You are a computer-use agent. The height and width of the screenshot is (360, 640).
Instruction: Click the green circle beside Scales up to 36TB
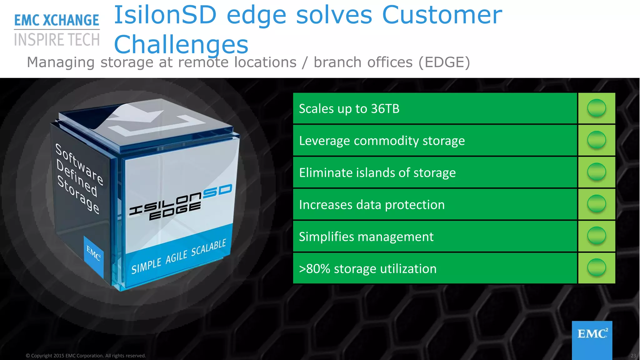(597, 108)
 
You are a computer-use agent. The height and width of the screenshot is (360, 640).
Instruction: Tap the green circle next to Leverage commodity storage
(597, 140)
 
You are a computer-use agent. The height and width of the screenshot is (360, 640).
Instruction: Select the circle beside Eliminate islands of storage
(597, 172)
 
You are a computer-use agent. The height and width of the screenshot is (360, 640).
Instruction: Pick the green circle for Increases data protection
(597, 204)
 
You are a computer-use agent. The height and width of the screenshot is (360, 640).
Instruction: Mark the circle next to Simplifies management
(597, 236)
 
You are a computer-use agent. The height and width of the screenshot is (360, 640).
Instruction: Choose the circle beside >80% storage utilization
(597, 268)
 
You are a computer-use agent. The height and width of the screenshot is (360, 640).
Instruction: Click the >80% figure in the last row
(314, 269)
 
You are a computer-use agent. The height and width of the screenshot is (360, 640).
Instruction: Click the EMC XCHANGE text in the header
(57, 20)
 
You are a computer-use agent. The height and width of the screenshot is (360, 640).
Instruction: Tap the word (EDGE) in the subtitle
(444, 62)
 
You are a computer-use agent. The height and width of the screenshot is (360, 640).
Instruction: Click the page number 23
(633, 356)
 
